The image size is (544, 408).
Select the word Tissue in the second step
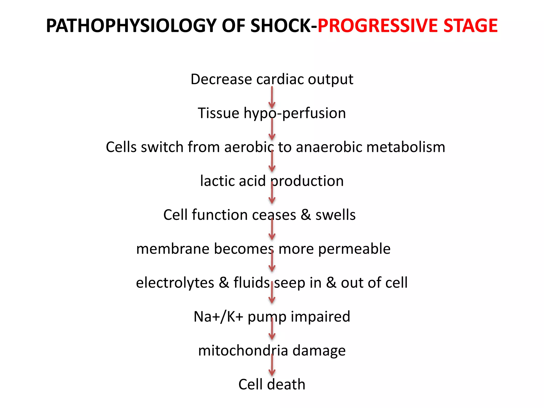pos(218,113)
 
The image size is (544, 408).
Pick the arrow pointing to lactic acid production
pos(272,161)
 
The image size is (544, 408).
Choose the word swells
pos(335,215)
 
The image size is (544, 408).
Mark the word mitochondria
pos(243,351)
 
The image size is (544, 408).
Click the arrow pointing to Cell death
pos(272,365)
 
